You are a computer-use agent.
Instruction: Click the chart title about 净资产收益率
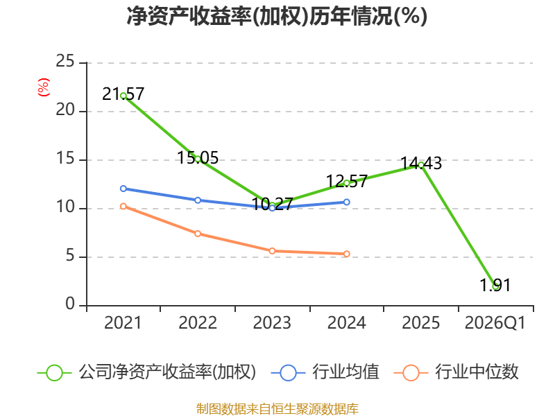pos(277,17)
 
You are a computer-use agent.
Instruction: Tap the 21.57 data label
pos(123,94)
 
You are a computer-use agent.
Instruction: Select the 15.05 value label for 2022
pos(198,158)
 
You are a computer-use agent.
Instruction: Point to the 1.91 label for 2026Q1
pos(495,285)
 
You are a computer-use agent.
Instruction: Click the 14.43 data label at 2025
pos(421,164)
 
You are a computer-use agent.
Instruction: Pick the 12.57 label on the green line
pos(346,182)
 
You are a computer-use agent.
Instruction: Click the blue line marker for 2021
pos(123,189)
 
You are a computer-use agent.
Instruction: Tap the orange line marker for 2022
pos(198,234)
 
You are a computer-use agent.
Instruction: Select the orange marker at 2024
pos(347,254)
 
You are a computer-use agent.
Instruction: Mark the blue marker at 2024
pos(347,202)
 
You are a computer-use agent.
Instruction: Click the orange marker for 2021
pos(123,206)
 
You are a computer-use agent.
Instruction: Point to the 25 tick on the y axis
pos(66,62)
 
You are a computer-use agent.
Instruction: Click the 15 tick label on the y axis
pos(66,159)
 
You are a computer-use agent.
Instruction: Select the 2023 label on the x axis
pos(272,323)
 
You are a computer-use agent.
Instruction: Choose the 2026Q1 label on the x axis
pos(495,323)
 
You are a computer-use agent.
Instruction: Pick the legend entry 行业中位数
pos(477,372)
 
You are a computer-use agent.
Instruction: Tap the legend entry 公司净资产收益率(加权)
pos(166,372)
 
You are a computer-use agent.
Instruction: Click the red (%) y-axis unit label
pos(44,87)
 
